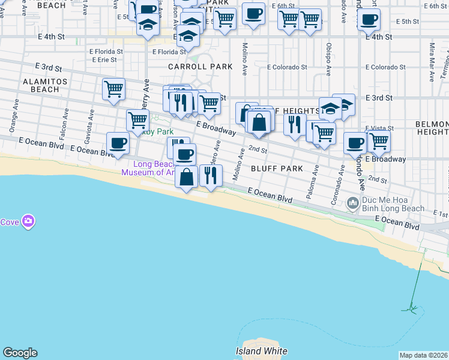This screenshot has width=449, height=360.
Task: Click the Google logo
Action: (x=20, y=353)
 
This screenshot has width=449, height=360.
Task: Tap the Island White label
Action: (x=261, y=352)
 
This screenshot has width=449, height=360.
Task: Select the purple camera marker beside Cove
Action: (x=28, y=222)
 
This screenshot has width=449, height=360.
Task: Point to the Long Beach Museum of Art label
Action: (x=147, y=169)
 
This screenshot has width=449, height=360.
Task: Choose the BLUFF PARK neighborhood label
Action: (x=277, y=169)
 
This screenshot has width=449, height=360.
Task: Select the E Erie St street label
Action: (x=103, y=60)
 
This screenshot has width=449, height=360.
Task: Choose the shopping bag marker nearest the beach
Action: (x=187, y=177)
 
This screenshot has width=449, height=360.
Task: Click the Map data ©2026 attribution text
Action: (x=424, y=355)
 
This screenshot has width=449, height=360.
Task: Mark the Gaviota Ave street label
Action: (x=90, y=120)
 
